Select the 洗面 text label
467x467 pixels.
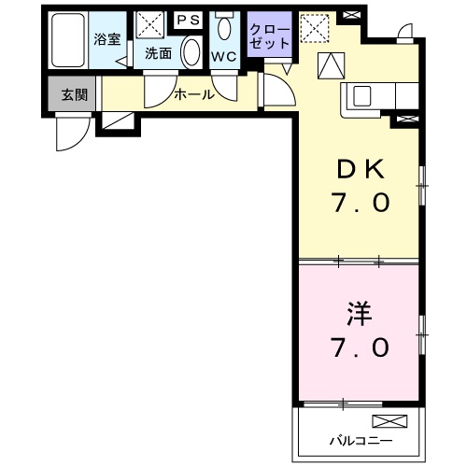pos(157,53)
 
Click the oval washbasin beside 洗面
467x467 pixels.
pos(191,51)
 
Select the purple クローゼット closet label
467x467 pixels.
pos(270,36)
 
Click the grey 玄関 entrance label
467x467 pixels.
pos(74,93)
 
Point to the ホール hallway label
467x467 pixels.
pos(194,93)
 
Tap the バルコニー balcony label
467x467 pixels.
pos(360,439)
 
